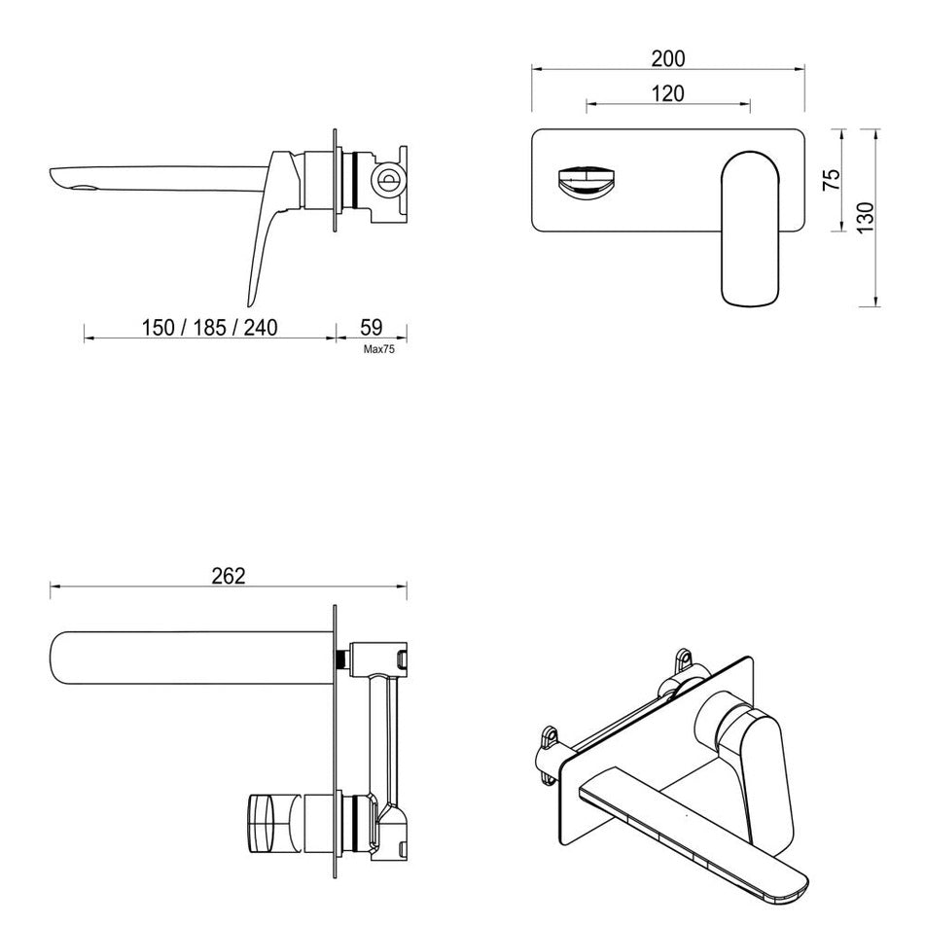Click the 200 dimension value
[667, 59]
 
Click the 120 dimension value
[667, 93]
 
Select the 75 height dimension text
[831, 180]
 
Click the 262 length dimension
[228, 576]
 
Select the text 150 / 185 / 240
[209, 327]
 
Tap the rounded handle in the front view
[749, 226]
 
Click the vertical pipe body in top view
[386, 739]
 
